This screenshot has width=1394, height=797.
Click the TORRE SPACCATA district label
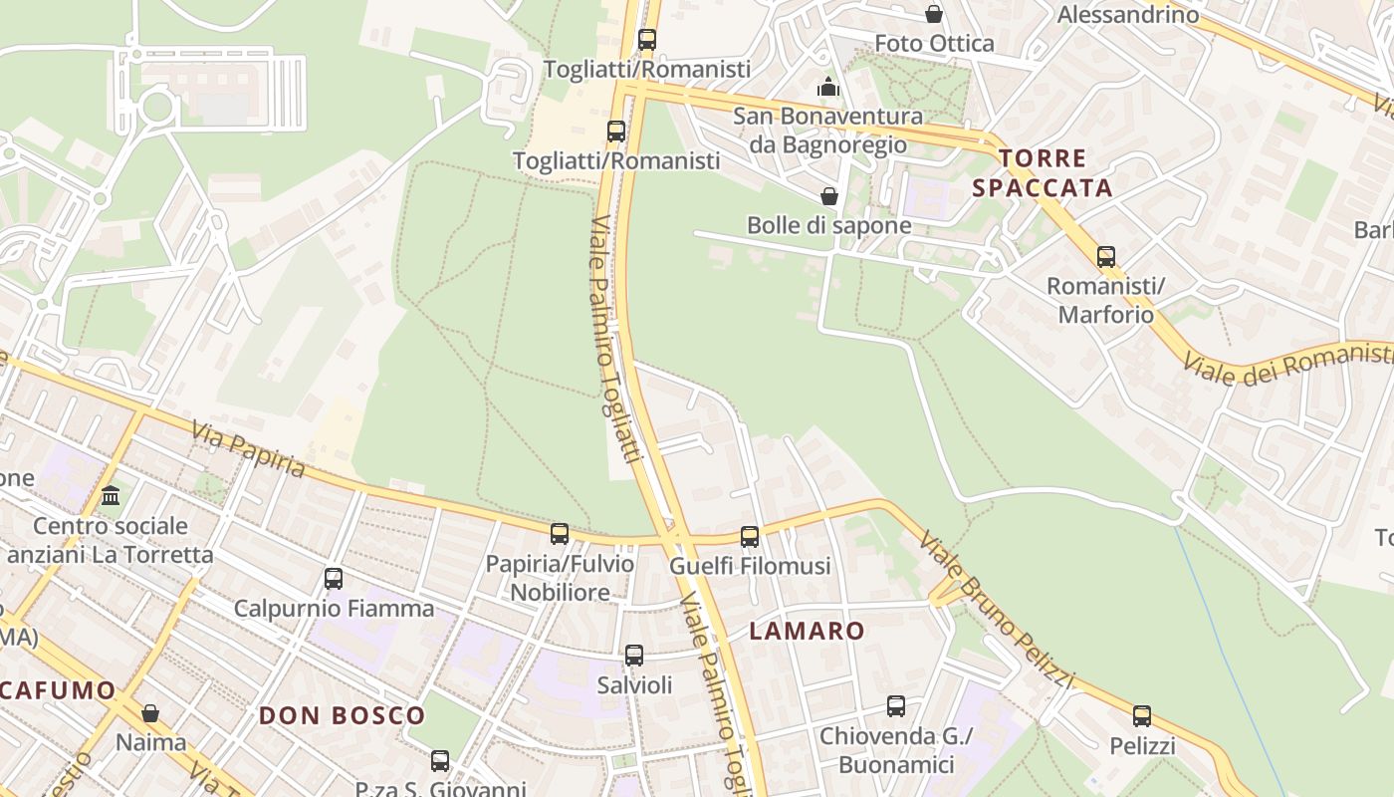(1043, 173)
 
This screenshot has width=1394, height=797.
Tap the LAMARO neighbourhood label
(808, 631)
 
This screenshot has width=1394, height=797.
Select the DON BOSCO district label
(342, 715)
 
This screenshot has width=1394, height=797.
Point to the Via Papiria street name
(248, 450)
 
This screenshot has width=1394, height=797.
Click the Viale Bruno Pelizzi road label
(997, 611)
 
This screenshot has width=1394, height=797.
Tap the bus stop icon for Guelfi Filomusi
(750, 537)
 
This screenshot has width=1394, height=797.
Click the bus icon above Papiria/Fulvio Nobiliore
(560, 534)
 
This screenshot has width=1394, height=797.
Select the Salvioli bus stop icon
(634, 656)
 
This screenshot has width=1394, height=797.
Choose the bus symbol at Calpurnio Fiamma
(334, 579)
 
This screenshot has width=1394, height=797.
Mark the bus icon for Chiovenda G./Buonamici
(896, 706)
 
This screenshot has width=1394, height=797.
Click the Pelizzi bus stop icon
(1142, 716)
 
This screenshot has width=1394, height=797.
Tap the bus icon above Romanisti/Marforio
(1106, 257)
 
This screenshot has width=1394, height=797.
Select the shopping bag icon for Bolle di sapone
(828, 196)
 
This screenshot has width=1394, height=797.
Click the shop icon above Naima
(150, 713)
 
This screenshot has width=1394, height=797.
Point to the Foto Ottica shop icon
(934, 14)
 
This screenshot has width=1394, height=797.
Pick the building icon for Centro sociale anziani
(111, 495)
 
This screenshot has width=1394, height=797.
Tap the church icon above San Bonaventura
(828, 88)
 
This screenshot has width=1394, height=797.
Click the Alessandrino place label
(1128, 15)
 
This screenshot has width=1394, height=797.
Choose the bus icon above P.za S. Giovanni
(440, 761)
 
